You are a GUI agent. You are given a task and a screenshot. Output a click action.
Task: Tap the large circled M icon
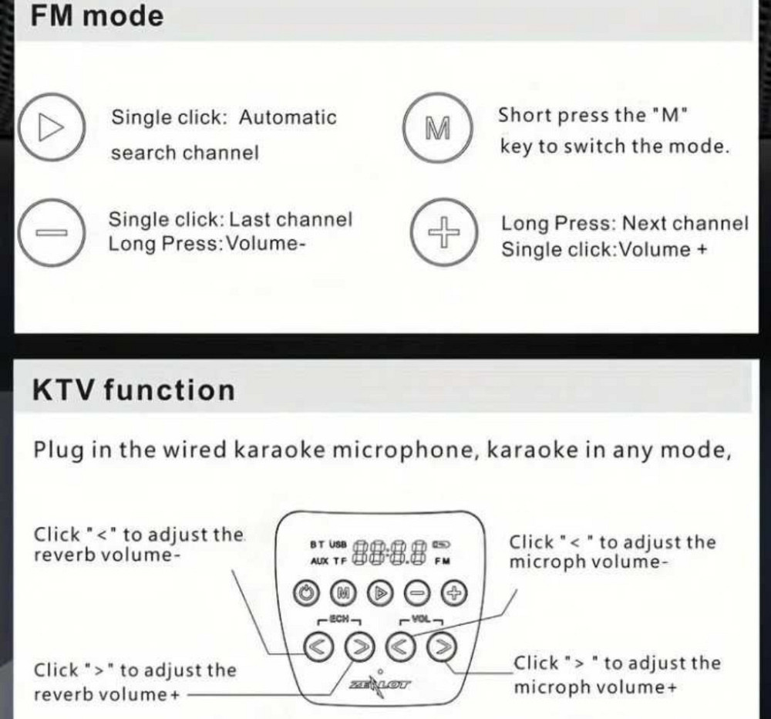437,128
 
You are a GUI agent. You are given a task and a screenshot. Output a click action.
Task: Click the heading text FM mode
97,16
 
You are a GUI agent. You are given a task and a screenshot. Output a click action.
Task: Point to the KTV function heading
133,390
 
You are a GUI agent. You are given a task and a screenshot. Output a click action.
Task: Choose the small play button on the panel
379,593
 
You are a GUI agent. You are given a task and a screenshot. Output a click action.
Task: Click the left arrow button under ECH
318,646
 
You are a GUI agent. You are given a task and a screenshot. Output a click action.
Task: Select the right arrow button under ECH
359,646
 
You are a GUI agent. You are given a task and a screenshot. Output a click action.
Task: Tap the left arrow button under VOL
399,646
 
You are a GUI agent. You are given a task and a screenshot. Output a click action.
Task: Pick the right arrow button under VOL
440,646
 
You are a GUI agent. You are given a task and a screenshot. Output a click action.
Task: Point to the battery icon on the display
442,543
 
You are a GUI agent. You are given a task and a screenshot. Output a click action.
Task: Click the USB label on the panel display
338,544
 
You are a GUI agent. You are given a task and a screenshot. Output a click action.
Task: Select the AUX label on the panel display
319,561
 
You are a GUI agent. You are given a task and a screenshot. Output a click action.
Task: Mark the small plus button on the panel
454,593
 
